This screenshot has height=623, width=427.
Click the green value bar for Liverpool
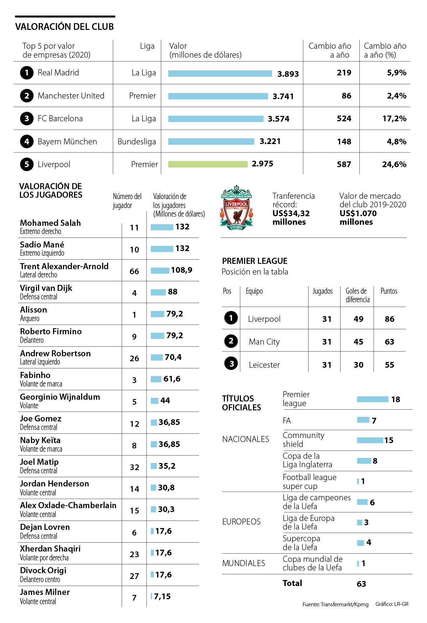click(x=208, y=164)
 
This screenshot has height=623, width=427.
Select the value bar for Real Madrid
click(x=220, y=73)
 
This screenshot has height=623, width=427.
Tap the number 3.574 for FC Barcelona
click(x=279, y=119)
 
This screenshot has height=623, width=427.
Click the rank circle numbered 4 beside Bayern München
click(x=27, y=142)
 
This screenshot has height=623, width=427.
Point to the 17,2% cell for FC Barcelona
click(x=394, y=118)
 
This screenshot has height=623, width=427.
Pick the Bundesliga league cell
click(x=137, y=142)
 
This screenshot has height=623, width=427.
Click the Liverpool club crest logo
click(x=237, y=208)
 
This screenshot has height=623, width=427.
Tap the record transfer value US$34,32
click(x=291, y=213)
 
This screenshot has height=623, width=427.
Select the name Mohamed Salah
click(x=50, y=223)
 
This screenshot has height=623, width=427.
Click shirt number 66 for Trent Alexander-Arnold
click(x=134, y=271)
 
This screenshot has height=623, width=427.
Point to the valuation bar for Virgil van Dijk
click(x=158, y=292)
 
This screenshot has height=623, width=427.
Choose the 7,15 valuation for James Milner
click(x=162, y=596)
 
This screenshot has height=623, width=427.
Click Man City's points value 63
click(x=389, y=342)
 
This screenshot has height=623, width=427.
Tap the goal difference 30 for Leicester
click(x=358, y=365)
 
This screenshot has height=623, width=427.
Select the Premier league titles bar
click(x=373, y=399)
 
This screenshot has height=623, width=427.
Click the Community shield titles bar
click(x=370, y=440)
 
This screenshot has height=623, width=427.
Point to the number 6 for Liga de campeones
click(x=372, y=502)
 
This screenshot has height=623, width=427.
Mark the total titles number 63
click(x=361, y=584)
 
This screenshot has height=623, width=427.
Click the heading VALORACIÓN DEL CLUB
click(x=64, y=27)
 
